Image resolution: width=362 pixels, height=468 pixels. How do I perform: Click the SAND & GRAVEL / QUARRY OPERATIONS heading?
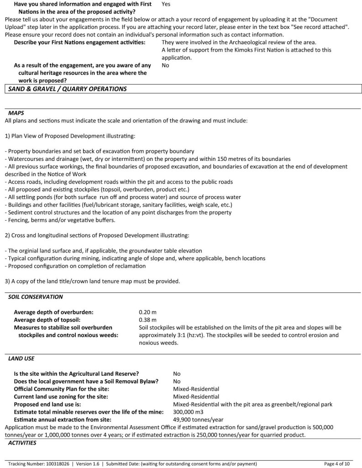click(x=67, y=89)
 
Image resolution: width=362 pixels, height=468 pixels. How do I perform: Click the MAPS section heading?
click(x=16, y=112)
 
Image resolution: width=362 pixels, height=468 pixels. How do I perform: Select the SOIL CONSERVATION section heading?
click(x=36, y=297)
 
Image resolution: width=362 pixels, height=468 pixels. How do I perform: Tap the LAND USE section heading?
click(x=21, y=358)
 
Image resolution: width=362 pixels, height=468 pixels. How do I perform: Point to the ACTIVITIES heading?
click(x=22, y=443)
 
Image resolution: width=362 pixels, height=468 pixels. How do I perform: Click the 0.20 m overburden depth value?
click(x=147, y=312)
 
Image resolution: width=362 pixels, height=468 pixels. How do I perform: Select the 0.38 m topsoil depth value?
click(x=147, y=319)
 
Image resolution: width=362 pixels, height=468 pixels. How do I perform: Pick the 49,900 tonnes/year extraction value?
click(x=198, y=419)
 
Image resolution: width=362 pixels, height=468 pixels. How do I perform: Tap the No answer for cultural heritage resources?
click(x=165, y=65)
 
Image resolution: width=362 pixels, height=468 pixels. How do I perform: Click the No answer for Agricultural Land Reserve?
click(x=177, y=373)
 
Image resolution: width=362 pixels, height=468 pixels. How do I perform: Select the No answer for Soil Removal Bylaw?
click(x=177, y=381)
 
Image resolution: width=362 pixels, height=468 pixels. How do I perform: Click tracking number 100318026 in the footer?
click(x=57, y=463)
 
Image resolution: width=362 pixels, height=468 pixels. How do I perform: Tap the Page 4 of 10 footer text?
click(x=337, y=463)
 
